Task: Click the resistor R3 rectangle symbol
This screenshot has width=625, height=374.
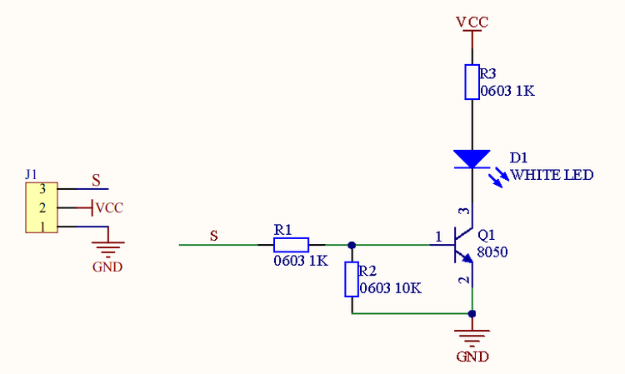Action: [472, 82]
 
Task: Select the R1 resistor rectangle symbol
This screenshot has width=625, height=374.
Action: [291, 245]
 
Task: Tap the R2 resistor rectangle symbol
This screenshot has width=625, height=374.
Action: [352, 279]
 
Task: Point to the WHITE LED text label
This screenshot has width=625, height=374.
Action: [552, 175]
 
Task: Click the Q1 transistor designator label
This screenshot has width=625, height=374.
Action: [487, 235]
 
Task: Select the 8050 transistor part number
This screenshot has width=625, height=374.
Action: [492, 252]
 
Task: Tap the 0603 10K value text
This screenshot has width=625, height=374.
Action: [390, 288]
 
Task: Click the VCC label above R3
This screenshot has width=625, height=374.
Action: [472, 22]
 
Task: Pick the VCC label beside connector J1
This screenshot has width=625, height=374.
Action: [110, 207]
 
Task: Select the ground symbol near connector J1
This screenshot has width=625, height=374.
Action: [108, 249]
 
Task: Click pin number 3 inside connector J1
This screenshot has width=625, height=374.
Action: [42, 189]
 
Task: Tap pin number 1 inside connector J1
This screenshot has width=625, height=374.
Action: [42, 227]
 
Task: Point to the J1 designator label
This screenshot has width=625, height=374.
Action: [31, 174]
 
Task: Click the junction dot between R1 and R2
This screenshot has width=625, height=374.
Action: [352, 245]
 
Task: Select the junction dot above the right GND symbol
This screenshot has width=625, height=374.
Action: [472, 314]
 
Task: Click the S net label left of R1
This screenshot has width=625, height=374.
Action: [214, 236]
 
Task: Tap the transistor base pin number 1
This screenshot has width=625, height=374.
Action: [438, 237]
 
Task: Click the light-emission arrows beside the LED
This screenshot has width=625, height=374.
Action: [498, 177]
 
